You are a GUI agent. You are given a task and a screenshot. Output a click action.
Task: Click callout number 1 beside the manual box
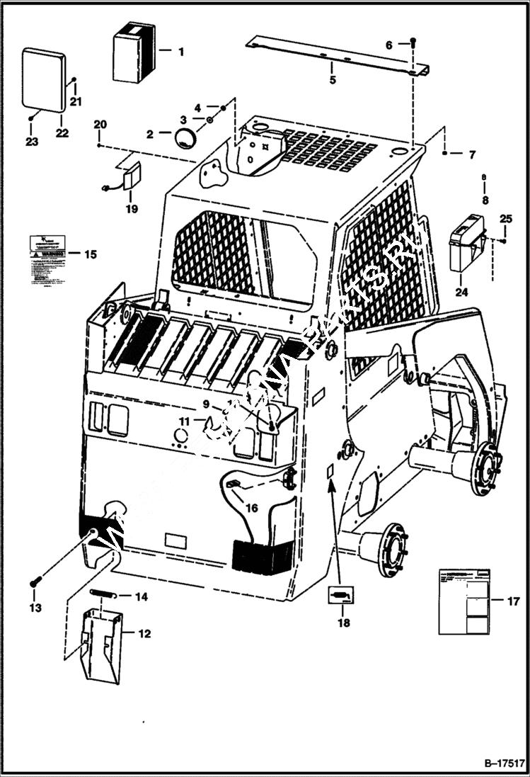180,51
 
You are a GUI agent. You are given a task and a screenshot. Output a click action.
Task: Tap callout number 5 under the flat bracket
333,79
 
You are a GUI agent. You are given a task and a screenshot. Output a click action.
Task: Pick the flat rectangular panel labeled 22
44,79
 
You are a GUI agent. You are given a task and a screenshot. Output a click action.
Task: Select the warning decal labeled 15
47,261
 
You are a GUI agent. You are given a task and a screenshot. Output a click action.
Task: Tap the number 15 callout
91,254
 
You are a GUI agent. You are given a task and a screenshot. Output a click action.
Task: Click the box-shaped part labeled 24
466,244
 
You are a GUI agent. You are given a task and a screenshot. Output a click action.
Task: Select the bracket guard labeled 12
102,635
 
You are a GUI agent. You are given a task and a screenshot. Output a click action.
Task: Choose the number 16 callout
252,507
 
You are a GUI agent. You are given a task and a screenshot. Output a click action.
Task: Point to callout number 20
100,125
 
